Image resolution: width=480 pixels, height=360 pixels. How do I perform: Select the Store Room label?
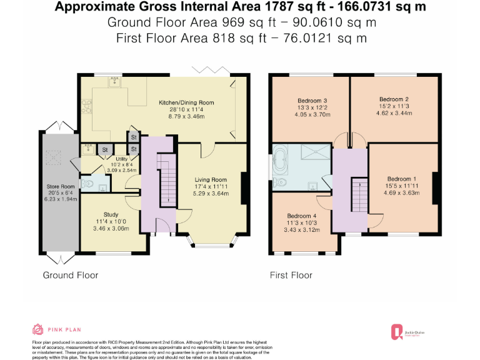click(x=61, y=186)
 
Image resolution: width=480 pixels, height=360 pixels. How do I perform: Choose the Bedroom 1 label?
click(x=401, y=178)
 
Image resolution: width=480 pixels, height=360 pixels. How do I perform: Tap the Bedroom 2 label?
click(x=394, y=99)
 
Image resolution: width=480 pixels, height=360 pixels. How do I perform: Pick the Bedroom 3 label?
click(x=312, y=101)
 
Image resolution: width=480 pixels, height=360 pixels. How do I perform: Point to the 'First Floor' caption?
click(x=291, y=275)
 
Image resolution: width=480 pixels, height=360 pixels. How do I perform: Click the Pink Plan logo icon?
click(x=37, y=329)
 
